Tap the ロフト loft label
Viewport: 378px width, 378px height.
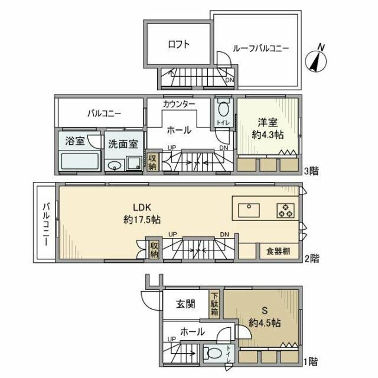[178, 44]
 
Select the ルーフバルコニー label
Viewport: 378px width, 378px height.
[260, 48]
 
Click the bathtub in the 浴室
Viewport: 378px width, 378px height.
[80, 160]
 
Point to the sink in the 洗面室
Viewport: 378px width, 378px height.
[116, 165]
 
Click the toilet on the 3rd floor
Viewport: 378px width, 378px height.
[222, 110]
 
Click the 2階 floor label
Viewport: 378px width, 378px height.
[311, 258]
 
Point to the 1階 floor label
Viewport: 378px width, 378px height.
[311, 360]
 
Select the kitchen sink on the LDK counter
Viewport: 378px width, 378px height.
[249, 209]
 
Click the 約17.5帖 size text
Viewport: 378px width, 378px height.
[142, 219]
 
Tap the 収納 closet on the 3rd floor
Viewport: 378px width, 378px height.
[152, 162]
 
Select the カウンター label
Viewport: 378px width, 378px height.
[178, 104]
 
